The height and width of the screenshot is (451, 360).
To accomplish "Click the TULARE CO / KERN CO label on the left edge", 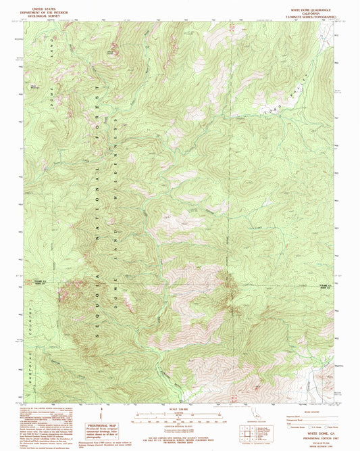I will coord(32,283).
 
